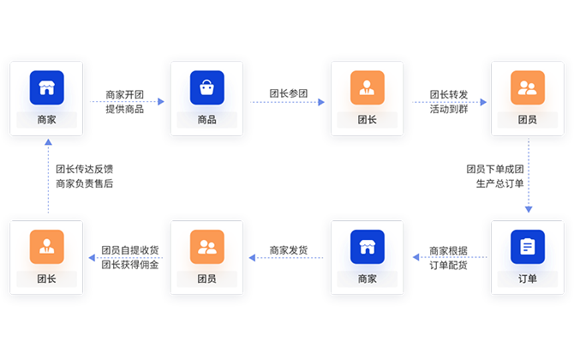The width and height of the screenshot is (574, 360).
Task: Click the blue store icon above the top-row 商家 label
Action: (46, 87)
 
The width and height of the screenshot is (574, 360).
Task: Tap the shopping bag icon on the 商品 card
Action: (206, 87)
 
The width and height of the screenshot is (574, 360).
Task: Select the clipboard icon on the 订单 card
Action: (528, 247)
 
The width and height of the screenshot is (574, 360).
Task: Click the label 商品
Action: (206, 120)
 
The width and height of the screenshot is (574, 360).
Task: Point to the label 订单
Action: (528, 279)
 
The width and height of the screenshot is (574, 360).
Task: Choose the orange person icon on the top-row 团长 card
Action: (367, 87)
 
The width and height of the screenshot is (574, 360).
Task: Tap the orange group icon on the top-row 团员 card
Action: (528, 87)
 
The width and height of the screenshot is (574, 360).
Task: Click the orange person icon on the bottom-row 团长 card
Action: (46, 247)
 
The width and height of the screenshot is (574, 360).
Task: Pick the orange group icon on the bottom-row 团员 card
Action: (206, 247)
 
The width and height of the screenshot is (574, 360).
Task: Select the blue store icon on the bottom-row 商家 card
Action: (367, 247)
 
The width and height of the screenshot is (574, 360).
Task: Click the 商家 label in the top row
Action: (46, 120)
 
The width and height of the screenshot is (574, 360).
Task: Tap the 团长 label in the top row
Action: (367, 120)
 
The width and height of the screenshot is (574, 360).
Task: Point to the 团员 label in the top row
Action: (528, 120)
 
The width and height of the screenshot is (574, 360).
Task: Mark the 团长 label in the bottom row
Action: (46, 279)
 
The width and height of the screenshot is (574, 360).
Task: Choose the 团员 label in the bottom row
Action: (206, 279)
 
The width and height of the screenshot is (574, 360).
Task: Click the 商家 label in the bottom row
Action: (367, 279)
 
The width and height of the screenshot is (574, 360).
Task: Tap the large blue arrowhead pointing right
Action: (540, 179)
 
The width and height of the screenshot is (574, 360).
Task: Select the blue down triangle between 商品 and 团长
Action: (288, 116)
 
